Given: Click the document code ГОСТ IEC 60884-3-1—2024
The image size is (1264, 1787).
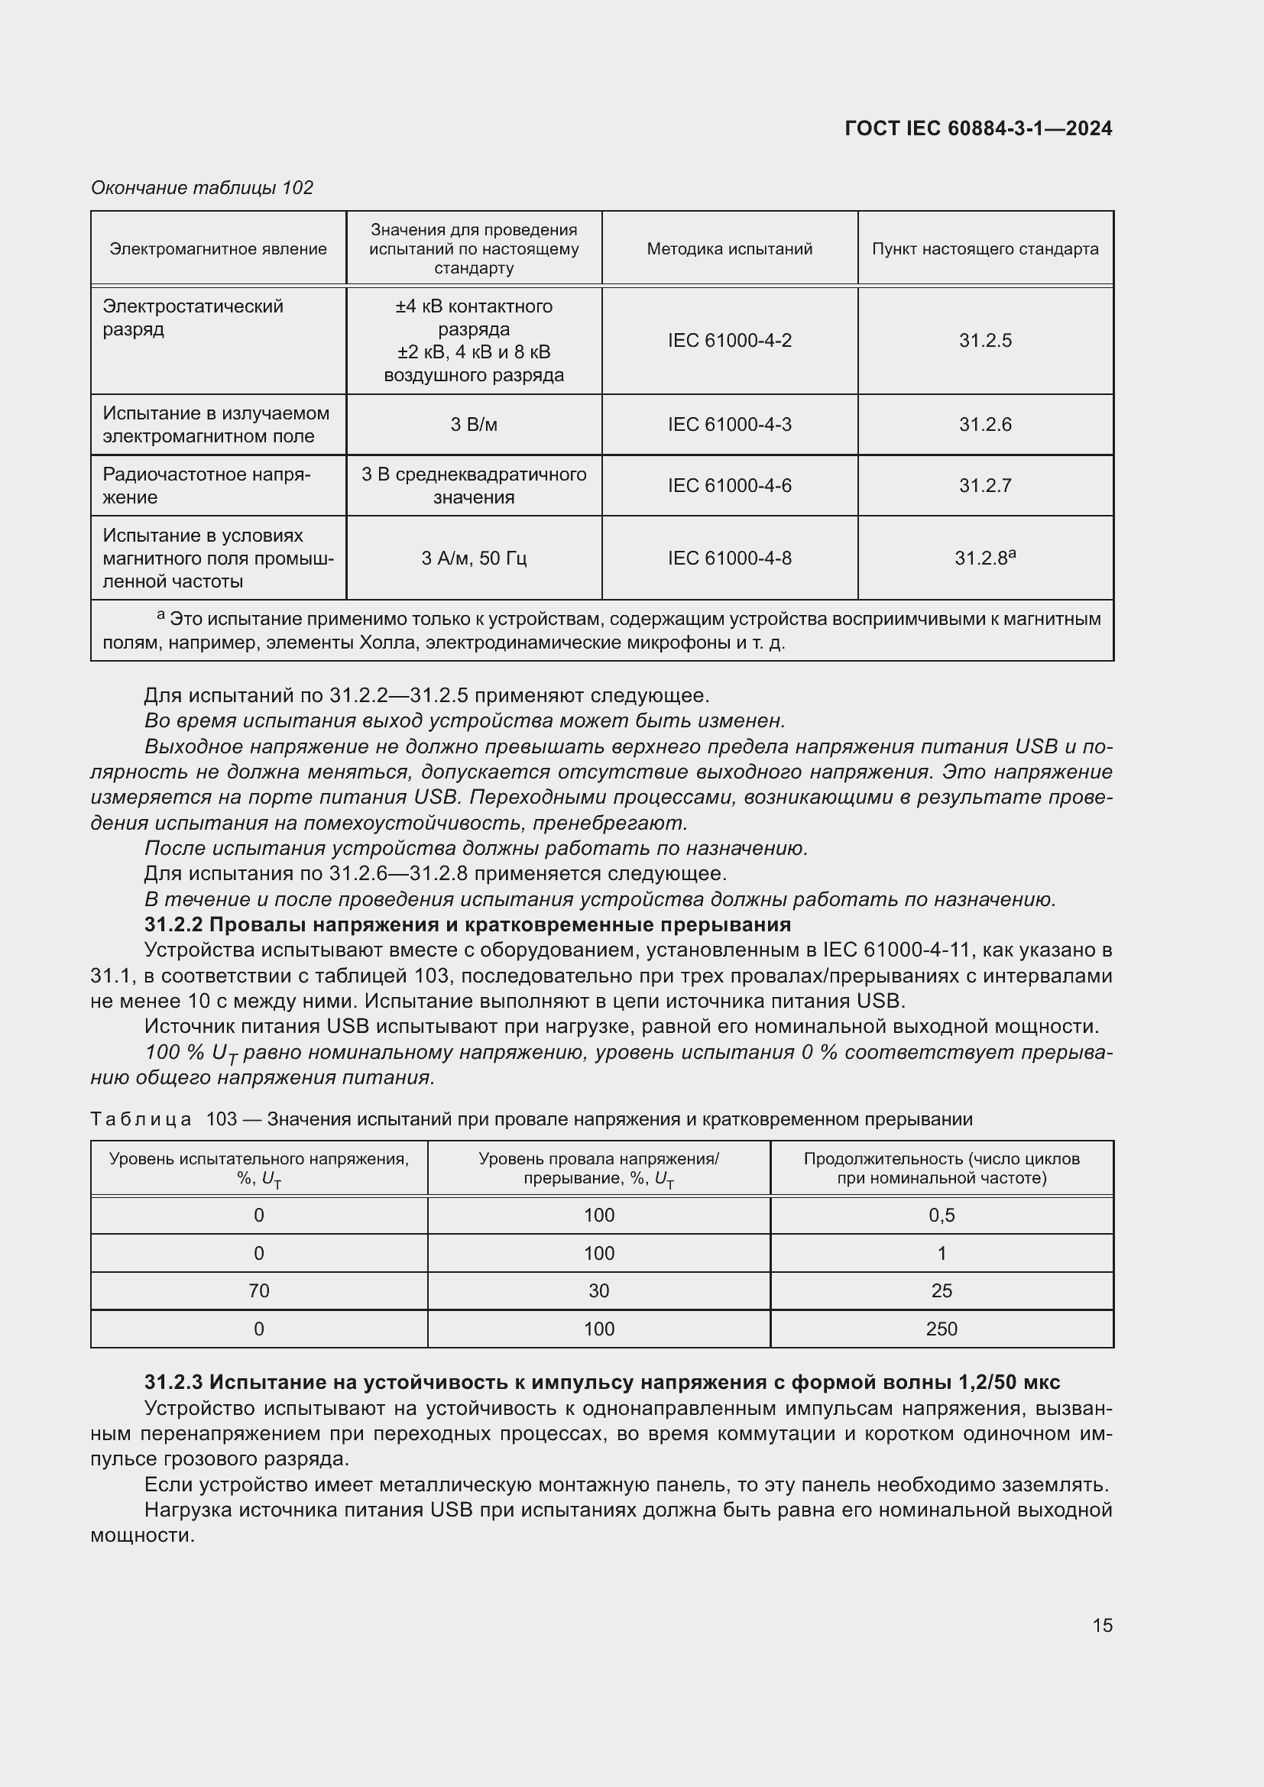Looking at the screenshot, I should [977, 128].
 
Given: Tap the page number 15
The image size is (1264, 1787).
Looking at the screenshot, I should [1102, 1625].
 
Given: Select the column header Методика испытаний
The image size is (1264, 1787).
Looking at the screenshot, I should [729, 249].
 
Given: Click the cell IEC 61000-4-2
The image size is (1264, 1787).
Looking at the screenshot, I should [729, 341].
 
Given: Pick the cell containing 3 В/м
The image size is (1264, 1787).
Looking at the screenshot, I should [473, 425].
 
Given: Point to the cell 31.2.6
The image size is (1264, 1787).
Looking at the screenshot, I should [984, 425].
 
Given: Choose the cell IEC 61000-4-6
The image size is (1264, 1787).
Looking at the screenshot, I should [729, 486].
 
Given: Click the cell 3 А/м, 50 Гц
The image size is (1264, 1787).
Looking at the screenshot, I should [473, 558].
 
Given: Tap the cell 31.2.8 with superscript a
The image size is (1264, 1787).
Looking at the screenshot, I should [984, 558].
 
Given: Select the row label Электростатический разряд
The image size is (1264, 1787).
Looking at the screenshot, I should [193, 318].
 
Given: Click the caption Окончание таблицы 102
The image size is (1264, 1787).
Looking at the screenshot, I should [202, 188].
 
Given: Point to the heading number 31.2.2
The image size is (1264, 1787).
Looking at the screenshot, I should [173, 924].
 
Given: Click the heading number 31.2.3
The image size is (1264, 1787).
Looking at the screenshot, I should [173, 1382].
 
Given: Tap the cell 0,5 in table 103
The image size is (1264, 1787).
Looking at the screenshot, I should [941, 1216].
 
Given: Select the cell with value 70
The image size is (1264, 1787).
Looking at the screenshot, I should [258, 1291].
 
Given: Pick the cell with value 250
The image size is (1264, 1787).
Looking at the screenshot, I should [941, 1329].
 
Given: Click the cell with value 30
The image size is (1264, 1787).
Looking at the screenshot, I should [598, 1291].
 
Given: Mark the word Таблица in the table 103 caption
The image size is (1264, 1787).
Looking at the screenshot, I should [141, 1119].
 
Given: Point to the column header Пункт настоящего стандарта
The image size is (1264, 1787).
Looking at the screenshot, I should [984, 249].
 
